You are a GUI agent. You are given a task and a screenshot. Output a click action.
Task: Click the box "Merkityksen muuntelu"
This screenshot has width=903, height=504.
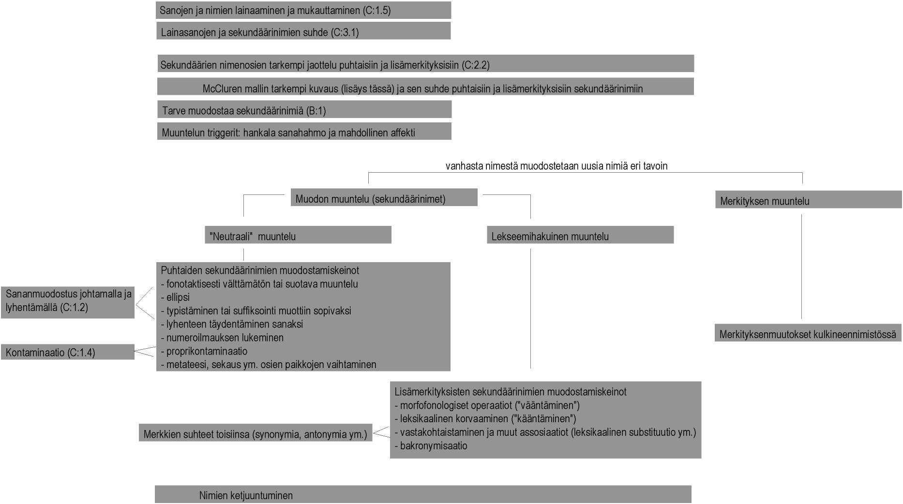click(x=808, y=200)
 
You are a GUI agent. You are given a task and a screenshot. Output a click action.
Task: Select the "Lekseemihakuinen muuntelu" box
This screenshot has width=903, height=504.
click(x=580, y=235)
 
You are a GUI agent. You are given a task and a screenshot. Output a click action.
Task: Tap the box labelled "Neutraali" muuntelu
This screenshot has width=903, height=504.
click(x=298, y=235)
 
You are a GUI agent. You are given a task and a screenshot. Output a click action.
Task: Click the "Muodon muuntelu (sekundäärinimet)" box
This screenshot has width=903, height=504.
click(x=384, y=198)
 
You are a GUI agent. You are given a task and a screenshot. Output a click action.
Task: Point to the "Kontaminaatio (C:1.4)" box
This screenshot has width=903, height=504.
click(x=68, y=352)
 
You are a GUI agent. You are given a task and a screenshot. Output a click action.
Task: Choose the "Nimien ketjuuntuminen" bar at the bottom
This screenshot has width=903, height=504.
click(x=422, y=495)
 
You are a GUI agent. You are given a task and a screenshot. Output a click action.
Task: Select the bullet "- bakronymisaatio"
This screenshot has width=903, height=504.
click(x=431, y=446)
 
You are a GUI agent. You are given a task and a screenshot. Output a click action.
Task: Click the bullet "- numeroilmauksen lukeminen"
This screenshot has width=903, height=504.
click(x=222, y=338)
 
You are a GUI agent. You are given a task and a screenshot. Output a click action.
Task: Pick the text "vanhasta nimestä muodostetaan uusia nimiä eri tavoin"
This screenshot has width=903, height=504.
click(x=556, y=166)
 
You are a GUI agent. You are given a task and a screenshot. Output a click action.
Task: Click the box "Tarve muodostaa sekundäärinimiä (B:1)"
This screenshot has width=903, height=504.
click(x=304, y=110)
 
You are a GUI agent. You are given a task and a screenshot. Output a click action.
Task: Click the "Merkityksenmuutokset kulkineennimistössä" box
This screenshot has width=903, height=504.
click(x=808, y=333)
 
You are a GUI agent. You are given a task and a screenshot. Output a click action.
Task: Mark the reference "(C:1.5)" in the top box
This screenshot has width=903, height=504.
click(x=376, y=10)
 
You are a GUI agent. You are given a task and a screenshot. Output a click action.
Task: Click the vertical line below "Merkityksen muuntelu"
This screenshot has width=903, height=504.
click(x=801, y=266)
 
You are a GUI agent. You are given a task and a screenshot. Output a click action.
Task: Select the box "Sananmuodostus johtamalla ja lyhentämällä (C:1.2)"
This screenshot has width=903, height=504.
click(x=68, y=301)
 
